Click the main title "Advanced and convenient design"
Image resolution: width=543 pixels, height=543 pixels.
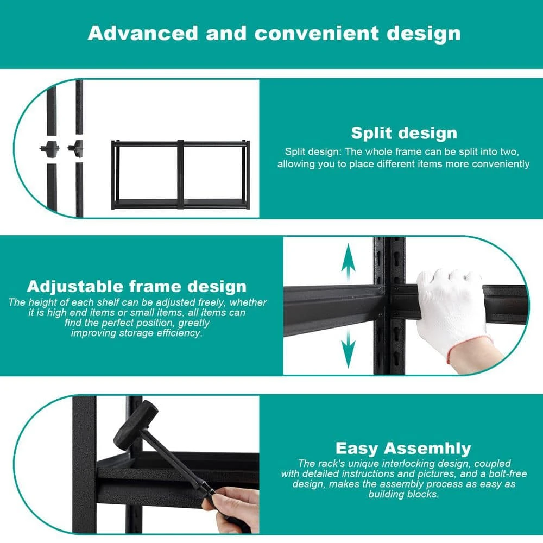click(x=274, y=34)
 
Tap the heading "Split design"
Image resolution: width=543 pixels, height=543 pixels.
click(x=404, y=134)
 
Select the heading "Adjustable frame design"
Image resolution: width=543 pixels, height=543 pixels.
click(x=137, y=286)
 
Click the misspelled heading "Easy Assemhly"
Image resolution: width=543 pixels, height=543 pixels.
click(x=403, y=449)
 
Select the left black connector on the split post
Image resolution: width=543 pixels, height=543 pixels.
click(x=49, y=149)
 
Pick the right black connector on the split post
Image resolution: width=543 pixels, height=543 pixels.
click(x=76, y=148)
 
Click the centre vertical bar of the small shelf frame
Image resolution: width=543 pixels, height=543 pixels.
click(x=180, y=174)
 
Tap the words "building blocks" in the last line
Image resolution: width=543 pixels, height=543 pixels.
click(x=403, y=494)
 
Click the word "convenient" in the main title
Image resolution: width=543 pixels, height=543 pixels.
click(x=317, y=34)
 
